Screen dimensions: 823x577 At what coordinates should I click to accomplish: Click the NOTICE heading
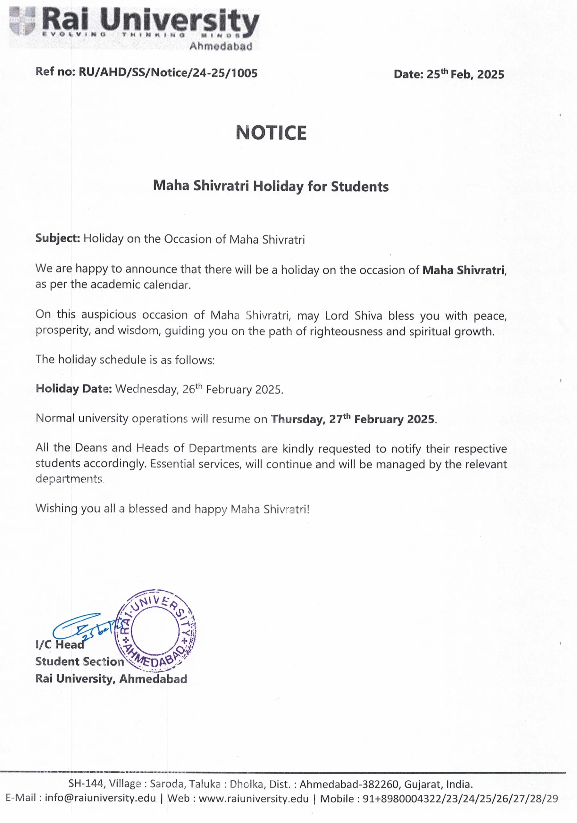(271, 133)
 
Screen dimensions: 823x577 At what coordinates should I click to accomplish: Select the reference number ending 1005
(168, 73)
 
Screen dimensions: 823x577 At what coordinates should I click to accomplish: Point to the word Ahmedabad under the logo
(221, 46)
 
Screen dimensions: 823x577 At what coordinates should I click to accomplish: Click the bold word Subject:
(57, 238)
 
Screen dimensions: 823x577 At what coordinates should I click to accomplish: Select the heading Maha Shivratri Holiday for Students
(271, 186)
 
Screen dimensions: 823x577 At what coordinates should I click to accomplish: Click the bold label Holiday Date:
(74, 388)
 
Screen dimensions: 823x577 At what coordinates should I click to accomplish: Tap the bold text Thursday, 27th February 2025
(353, 419)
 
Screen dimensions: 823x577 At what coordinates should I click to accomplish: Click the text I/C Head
(60, 644)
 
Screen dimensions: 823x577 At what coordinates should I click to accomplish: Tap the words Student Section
(79, 661)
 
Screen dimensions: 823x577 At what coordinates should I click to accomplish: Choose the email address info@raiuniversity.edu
(100, 798)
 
